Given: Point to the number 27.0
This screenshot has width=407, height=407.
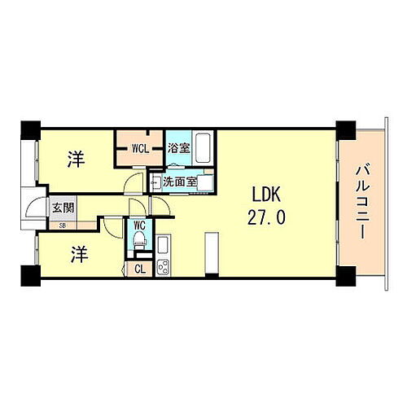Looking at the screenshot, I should tap(267, 218).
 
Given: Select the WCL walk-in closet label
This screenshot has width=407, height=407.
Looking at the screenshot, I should tap(140, 149).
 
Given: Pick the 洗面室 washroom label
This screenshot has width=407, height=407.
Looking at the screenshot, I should tap(179, 182).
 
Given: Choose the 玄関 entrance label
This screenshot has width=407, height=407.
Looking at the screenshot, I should tap(63, 208).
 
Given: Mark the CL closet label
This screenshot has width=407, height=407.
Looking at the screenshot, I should tap(139, 268).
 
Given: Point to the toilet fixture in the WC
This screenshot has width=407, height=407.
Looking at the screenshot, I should tap(138, 241).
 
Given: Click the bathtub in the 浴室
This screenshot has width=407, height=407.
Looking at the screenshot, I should tap(203, 147).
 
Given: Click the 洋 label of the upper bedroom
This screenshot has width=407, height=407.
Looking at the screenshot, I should tap(75, 159).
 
